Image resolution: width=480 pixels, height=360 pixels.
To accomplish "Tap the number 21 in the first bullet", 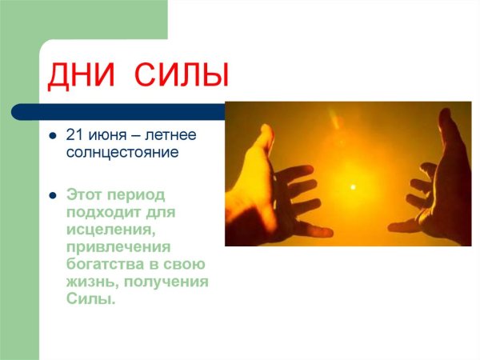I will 75,134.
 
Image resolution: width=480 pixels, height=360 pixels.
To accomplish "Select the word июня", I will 109,134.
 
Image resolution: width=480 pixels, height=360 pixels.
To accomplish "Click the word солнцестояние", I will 121,150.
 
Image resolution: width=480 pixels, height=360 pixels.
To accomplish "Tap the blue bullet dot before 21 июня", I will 52,134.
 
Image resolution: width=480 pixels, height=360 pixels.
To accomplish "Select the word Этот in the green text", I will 85,194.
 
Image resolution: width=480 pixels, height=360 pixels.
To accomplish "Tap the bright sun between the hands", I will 351,186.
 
